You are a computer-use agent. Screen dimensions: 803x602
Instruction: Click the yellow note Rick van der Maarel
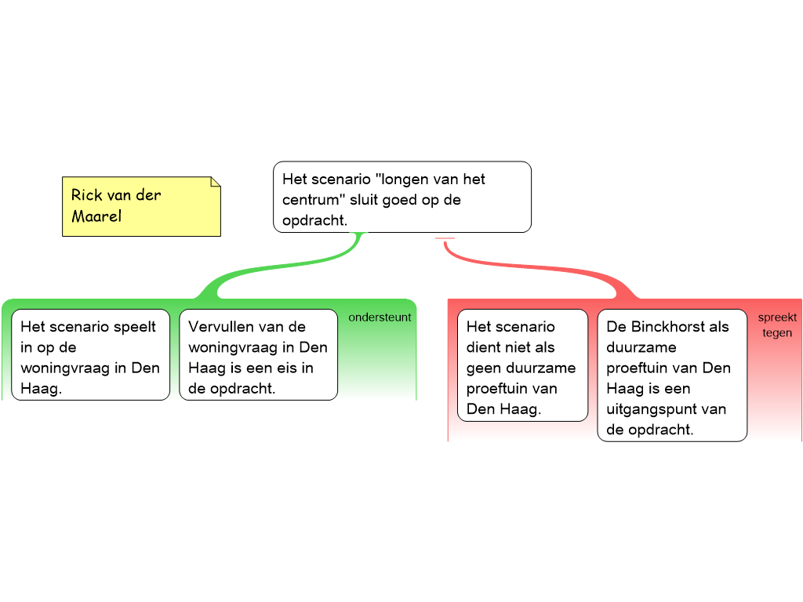141,206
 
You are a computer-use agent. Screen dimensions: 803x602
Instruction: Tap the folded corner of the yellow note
216,182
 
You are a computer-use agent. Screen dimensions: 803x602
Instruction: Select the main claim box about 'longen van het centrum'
402,197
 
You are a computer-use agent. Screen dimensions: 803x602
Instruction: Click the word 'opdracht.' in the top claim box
314,220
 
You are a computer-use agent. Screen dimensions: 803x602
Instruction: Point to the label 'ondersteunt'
380,317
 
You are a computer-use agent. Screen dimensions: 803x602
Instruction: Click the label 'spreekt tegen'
777,325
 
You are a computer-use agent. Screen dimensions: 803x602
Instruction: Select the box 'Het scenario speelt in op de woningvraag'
91,355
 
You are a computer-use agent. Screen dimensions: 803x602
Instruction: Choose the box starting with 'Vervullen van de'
258,355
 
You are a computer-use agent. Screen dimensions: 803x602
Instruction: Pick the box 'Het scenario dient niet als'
522,365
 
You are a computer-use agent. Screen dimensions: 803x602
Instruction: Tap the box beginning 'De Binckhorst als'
672,375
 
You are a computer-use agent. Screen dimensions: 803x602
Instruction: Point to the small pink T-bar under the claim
445,238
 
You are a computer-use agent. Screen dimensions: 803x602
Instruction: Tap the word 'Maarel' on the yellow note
96,216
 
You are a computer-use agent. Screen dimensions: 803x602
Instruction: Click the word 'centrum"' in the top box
314,200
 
